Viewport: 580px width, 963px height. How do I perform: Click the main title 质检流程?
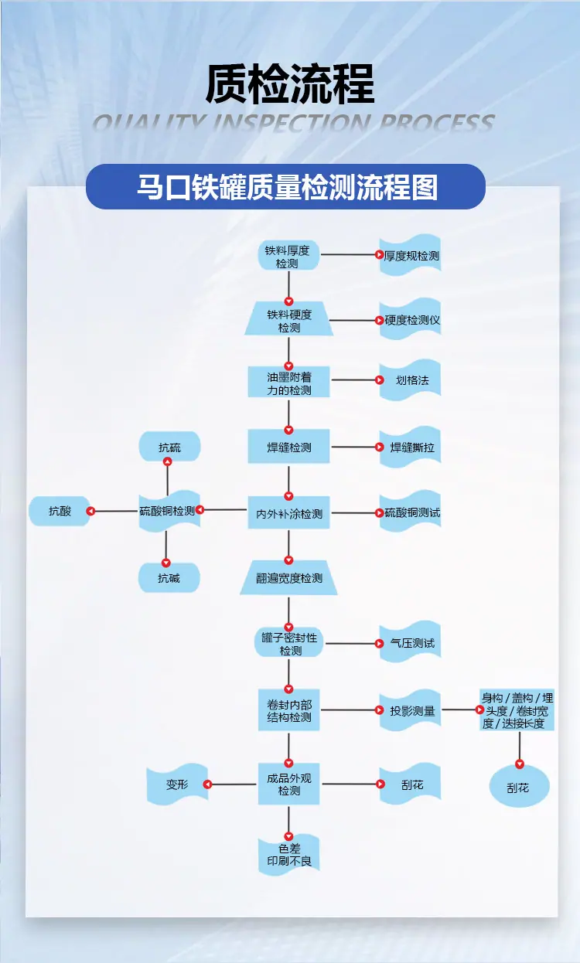click(290, 83)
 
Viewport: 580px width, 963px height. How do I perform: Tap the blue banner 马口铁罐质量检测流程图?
click(285, 187)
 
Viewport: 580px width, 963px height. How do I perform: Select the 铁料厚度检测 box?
click(288, 257)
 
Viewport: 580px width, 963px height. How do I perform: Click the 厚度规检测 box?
click(411, 255)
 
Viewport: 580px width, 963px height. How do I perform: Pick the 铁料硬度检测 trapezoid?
click(288, 321)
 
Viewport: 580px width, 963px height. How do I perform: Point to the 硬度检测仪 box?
click(411, 320)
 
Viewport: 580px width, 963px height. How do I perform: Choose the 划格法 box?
click(411, 380)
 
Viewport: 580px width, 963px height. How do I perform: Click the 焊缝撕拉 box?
click(411, 447)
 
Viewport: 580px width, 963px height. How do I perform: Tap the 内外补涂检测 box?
click(288, 513)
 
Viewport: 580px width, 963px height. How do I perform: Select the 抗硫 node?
click(169, 447)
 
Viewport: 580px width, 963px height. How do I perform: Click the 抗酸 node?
click(60, 511)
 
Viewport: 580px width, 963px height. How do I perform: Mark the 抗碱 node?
click(169, 577)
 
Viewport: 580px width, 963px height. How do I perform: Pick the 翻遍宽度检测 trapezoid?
click(288, 578)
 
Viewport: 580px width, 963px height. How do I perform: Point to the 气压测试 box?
click(411, 643)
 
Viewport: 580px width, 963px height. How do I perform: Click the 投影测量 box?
click(411, 710)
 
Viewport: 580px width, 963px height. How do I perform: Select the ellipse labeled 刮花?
click(519, 788)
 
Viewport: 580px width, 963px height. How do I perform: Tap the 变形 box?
click(177, 784)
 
